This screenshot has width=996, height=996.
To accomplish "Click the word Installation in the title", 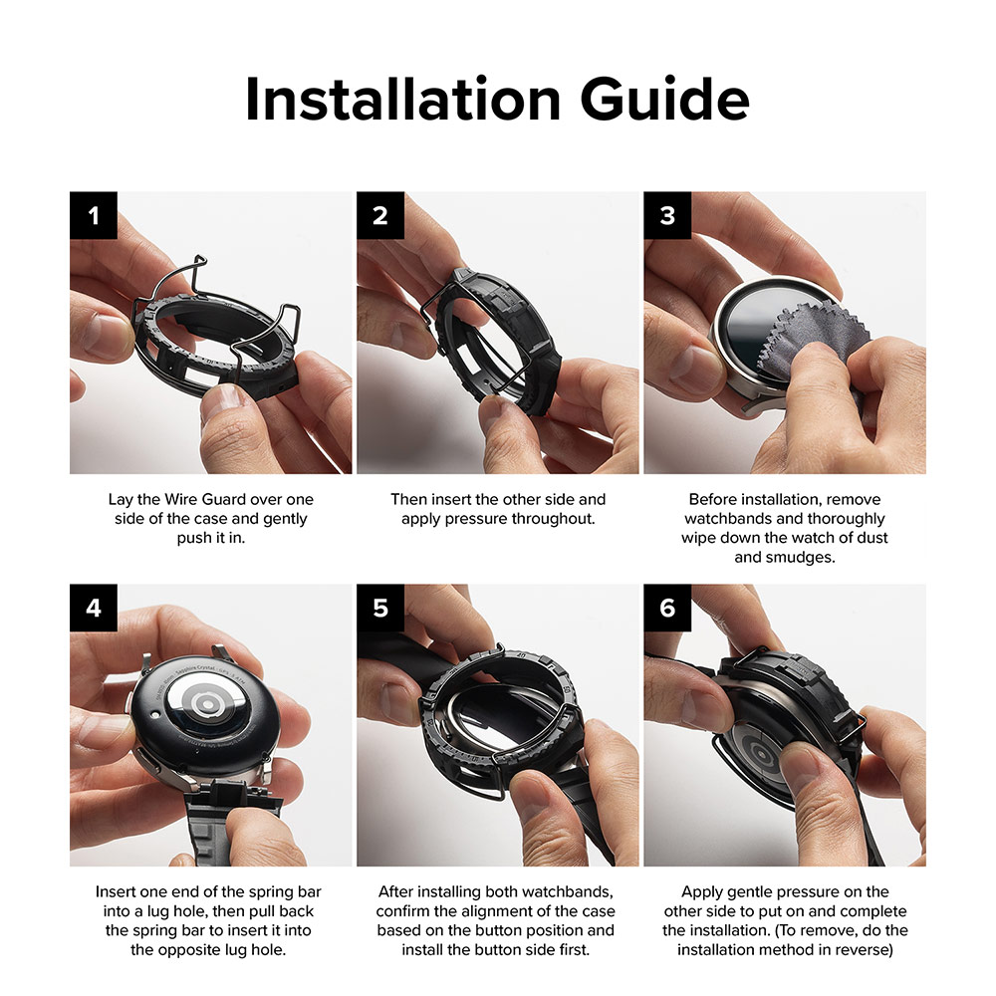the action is click(x=402, y=99).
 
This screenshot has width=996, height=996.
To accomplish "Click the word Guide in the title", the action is click(x=665, y=99).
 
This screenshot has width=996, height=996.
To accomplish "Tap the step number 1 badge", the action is click(x=94, y=215).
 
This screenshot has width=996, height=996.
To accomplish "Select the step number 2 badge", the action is click(x=380, y=215).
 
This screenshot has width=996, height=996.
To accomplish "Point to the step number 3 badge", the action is click(x=667, y=215).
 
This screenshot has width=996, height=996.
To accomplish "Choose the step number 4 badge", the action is click(x=94, y=608).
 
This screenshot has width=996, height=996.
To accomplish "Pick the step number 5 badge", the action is click(x=380, y=608).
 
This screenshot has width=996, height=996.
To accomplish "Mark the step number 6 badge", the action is click(x=667, y=608).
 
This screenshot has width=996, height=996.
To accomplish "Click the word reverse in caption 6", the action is click(x=868, y=949).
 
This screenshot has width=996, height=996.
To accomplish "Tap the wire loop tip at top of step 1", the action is click(x=201, y=259).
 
